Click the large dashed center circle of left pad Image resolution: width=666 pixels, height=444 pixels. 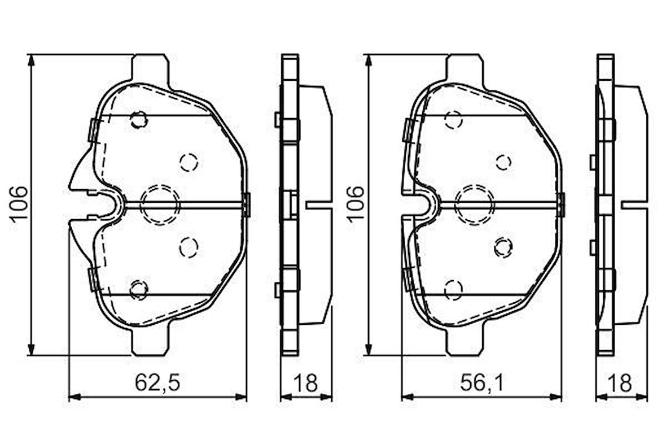[159, 204]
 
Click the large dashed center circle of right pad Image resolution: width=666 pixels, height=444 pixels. [474, 204]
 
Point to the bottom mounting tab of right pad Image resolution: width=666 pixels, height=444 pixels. [465, 342]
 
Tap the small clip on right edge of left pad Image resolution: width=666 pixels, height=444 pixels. [246, 204]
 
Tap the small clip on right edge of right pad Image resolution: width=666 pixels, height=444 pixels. [560, 204]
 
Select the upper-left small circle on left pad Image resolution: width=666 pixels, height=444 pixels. [138, 120]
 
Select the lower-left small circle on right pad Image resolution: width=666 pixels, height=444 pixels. [453, 289]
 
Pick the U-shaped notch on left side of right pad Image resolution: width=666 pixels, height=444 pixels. [426, 204]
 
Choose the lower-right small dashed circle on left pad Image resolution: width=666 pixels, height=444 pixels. [188, 246]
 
